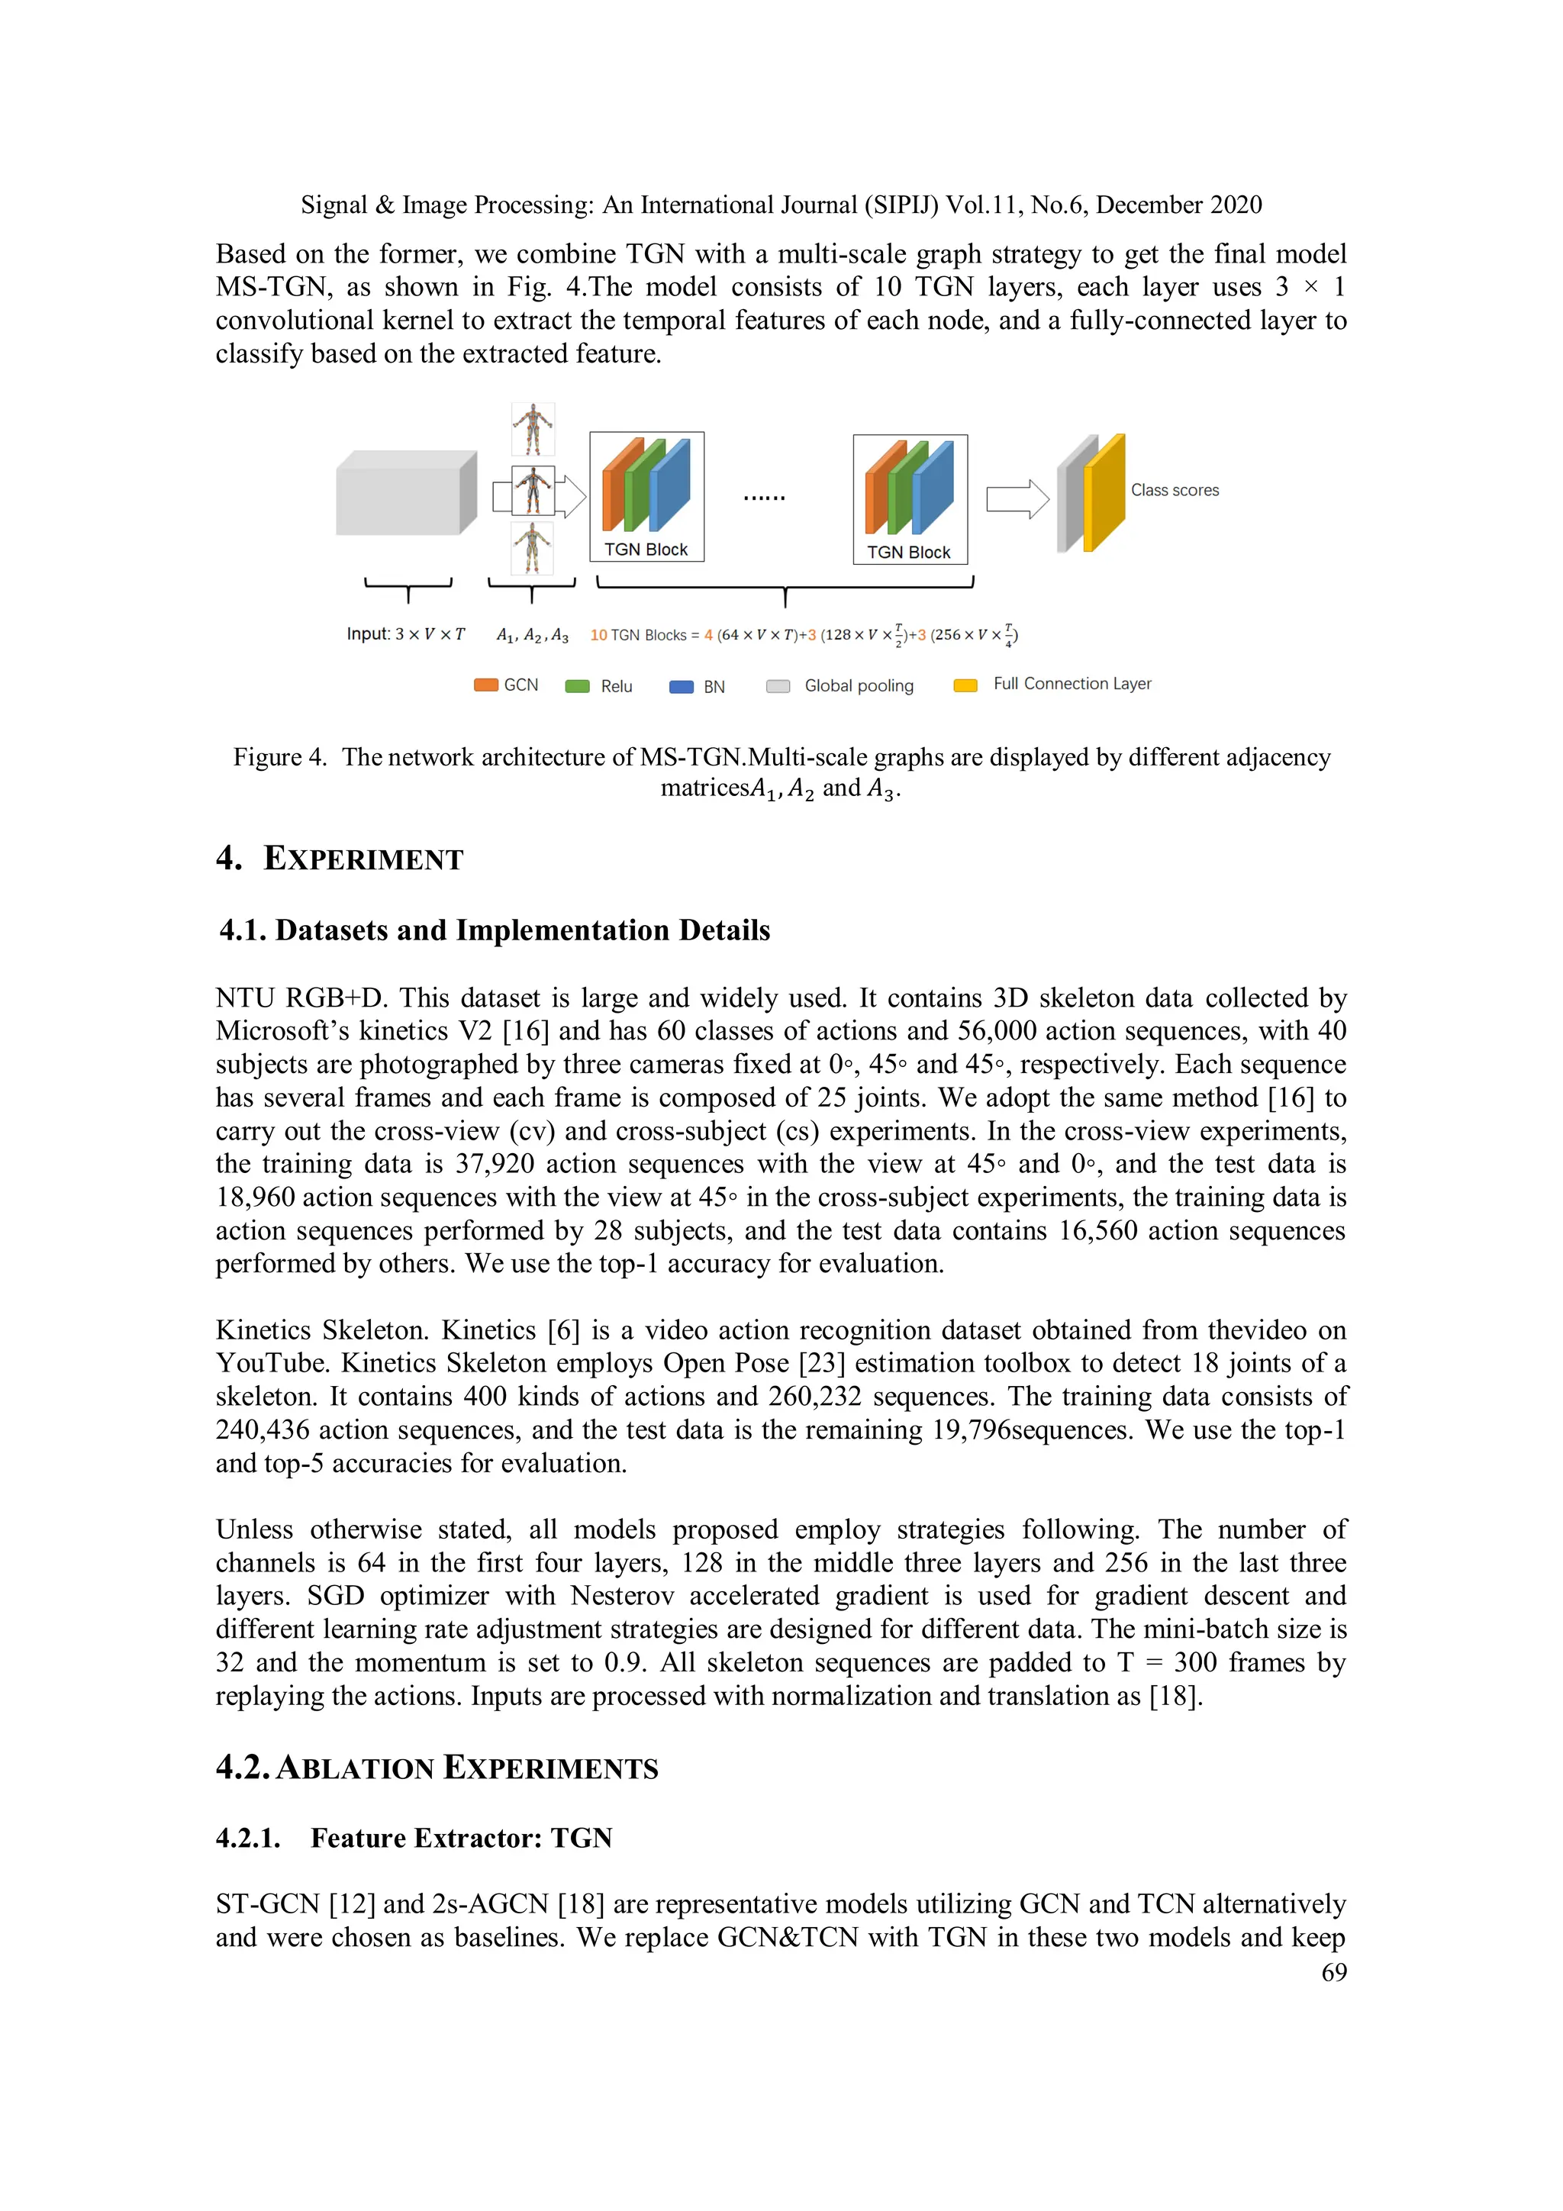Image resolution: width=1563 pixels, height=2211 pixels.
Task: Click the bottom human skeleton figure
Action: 532,548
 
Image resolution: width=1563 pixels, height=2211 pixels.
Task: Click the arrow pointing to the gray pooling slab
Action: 1016,499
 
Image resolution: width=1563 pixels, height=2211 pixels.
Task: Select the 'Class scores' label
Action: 1174,490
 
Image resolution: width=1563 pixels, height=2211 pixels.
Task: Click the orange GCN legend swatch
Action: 486,685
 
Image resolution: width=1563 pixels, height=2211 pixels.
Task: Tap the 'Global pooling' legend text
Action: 858,685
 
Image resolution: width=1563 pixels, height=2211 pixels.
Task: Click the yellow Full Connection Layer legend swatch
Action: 965,685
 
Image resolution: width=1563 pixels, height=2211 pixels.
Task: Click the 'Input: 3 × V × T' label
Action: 405,633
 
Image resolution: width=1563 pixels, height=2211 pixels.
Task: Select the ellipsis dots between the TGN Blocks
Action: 764,497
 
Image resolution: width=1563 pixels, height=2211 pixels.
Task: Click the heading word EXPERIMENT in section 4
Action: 363,859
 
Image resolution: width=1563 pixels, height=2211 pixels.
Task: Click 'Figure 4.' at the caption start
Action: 279,757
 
